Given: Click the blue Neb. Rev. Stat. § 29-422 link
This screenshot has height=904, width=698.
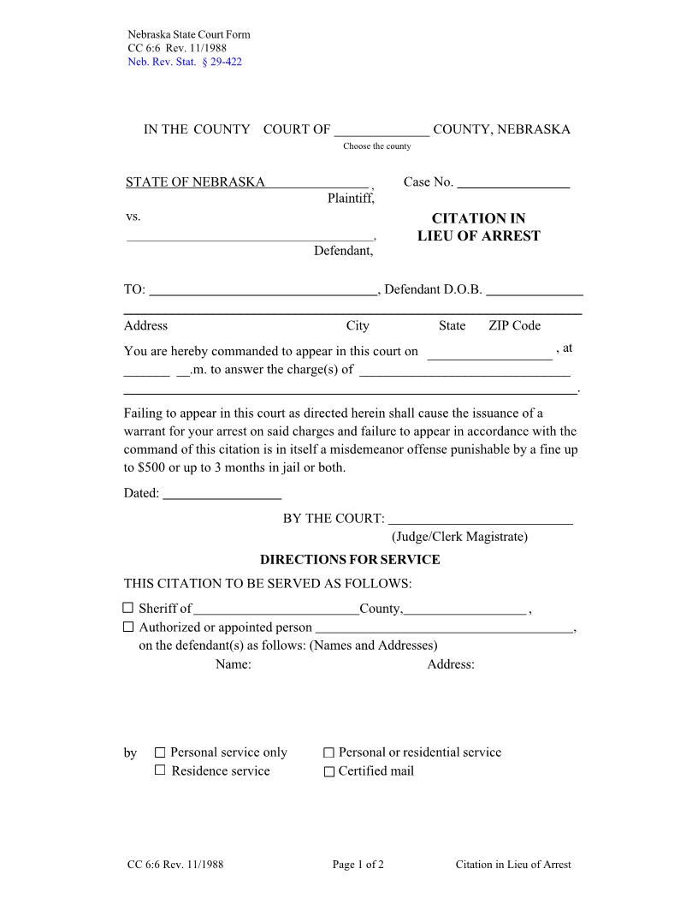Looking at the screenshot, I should point(184,62).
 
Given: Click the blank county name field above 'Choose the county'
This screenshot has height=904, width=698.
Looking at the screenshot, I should point(382,130).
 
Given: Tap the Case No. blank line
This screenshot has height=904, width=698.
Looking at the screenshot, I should point(513,182).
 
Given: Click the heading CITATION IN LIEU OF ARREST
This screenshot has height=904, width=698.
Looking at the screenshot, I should point(478,228).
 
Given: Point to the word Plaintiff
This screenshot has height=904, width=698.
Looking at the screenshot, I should point(351,199).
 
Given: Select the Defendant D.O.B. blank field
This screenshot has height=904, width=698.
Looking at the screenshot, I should point(535,290).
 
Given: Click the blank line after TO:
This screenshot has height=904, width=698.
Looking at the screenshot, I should point(263,290).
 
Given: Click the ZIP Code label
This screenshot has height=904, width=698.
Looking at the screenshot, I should point(514,325).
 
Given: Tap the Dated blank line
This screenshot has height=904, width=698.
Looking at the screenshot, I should point(222,493).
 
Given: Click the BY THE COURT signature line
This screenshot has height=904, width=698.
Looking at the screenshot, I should point(480,519).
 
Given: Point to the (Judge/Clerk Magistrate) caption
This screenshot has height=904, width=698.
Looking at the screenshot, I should point(459,537).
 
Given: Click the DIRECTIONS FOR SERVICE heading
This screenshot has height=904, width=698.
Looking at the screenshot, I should point(350,560).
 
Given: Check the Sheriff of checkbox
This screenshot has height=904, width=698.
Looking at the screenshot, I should point(128,608).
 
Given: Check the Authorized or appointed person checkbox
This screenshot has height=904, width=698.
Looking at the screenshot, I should point(128,627).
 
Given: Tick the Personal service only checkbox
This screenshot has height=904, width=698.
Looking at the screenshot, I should point(160,752).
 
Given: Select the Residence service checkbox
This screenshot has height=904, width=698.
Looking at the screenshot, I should point(160,770).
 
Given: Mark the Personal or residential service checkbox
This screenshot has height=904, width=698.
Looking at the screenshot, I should point(328,752).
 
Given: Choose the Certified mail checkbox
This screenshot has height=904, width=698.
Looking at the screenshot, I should point(328,771).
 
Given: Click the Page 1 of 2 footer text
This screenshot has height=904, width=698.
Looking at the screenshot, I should point(358,865).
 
